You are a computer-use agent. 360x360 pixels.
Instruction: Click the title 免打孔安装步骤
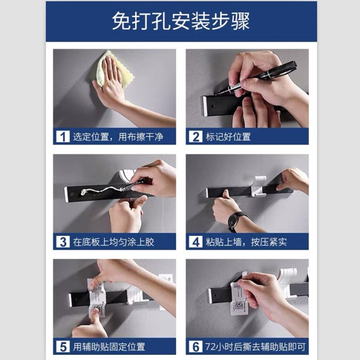(180, 21)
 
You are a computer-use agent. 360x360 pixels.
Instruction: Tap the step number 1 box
(63, 136)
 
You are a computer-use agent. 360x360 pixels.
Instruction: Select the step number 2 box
(195, 136)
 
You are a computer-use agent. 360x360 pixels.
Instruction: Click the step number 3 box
(63, 242)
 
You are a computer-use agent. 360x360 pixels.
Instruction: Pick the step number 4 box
(195, 242)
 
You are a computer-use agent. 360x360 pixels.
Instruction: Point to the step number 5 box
(63, 347)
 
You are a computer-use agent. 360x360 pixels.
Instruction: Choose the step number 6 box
(195, 347)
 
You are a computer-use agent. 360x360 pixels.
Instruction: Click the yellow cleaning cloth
(115, 69)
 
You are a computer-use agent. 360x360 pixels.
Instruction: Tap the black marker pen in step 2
(256, 77)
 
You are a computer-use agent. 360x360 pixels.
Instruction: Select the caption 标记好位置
(228, 137)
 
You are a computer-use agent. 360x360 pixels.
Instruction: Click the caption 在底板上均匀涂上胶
(114, 242)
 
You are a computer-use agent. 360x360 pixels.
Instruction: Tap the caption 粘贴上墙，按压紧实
(246, 242)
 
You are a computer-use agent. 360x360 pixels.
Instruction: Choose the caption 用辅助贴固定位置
(109, 347)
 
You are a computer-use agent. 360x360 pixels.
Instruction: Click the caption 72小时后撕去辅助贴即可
(255, 347)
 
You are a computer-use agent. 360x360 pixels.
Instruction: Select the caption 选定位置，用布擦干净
(118, 137)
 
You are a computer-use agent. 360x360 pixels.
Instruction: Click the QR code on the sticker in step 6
(239, 305)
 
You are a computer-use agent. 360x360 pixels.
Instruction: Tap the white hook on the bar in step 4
(259, 186)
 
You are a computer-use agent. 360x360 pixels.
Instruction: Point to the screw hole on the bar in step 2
(213, 106)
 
